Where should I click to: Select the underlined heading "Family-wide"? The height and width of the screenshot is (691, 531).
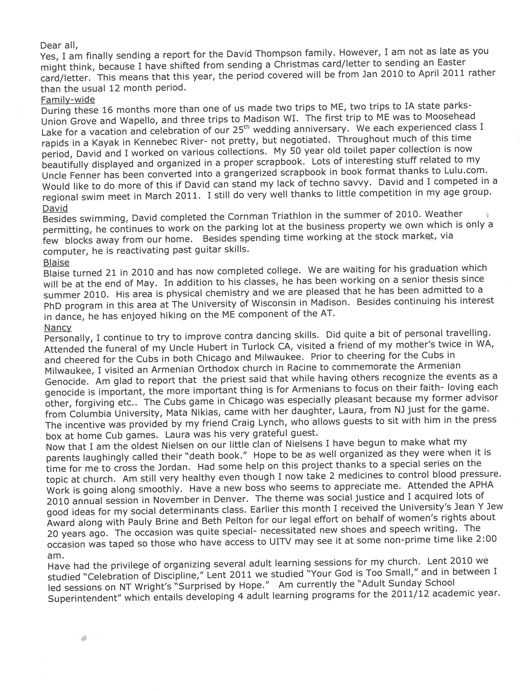[68, 100]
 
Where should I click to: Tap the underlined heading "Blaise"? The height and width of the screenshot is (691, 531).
[56, 262]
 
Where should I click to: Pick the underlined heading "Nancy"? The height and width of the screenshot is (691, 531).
[58, 328]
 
